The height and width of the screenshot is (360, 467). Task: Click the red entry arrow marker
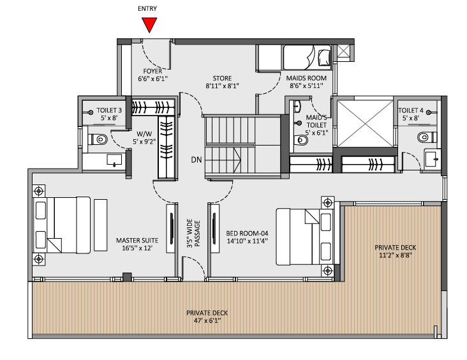pos(150,24)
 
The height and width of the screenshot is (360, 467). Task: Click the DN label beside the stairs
pos(194,160)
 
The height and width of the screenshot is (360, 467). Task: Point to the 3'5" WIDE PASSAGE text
pos(193,233)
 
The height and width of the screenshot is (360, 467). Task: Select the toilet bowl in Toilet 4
pos(424,137)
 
